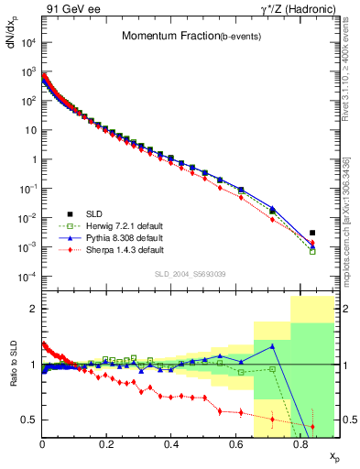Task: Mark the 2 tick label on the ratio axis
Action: click(x=32, y=309)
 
